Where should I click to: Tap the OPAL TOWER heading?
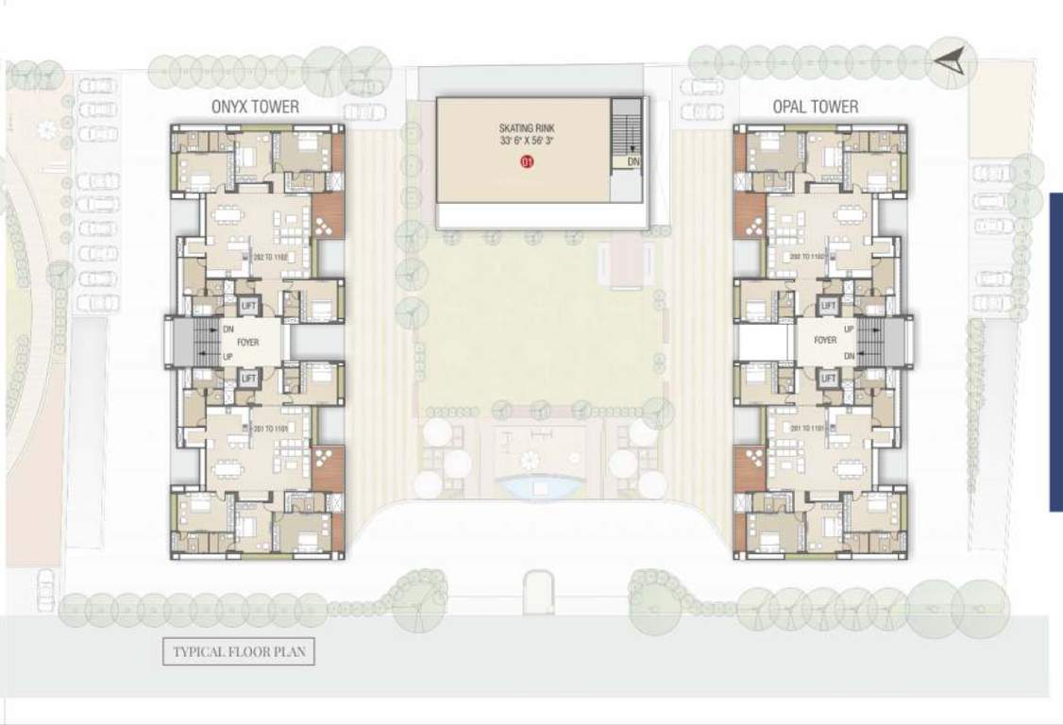click(816, 107)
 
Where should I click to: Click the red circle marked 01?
click(528, 162)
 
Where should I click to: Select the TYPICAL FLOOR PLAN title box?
click(238, 651)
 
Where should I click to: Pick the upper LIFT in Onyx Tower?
click(248, 306)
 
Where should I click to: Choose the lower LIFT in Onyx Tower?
click(248, 378)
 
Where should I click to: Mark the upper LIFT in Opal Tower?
click(829, 306)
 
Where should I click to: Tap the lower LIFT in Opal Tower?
click(829, 378)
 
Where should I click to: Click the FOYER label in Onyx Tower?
click(247, 342)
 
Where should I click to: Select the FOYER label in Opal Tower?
click(825, 340)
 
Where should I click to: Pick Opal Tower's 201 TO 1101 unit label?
click(809, 428)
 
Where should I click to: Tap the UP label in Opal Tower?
click(850, 329)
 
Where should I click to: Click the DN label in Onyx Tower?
click(228, 329)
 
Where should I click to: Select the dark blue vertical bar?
click(1056, 352)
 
